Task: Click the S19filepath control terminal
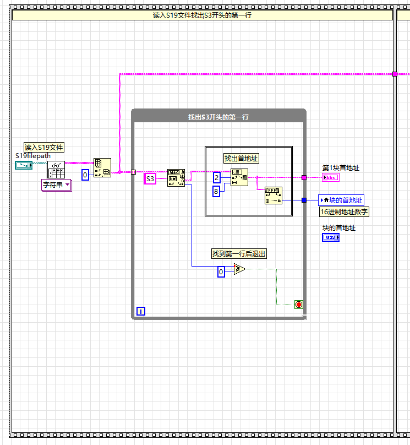24,165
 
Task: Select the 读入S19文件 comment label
44,147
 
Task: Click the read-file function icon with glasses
56,170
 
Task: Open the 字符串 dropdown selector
57,185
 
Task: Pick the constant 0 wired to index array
85,175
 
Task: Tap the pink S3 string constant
150,178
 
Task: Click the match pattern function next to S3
176,178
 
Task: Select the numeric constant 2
217,177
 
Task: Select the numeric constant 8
217,191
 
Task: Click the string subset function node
239,177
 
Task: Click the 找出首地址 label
241,159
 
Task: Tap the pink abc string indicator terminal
331,177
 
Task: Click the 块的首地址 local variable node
341,200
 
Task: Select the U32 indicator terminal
331,237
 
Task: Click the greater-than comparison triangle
239,269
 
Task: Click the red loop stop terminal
299,305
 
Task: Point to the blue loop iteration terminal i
141,311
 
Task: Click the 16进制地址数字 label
345,211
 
